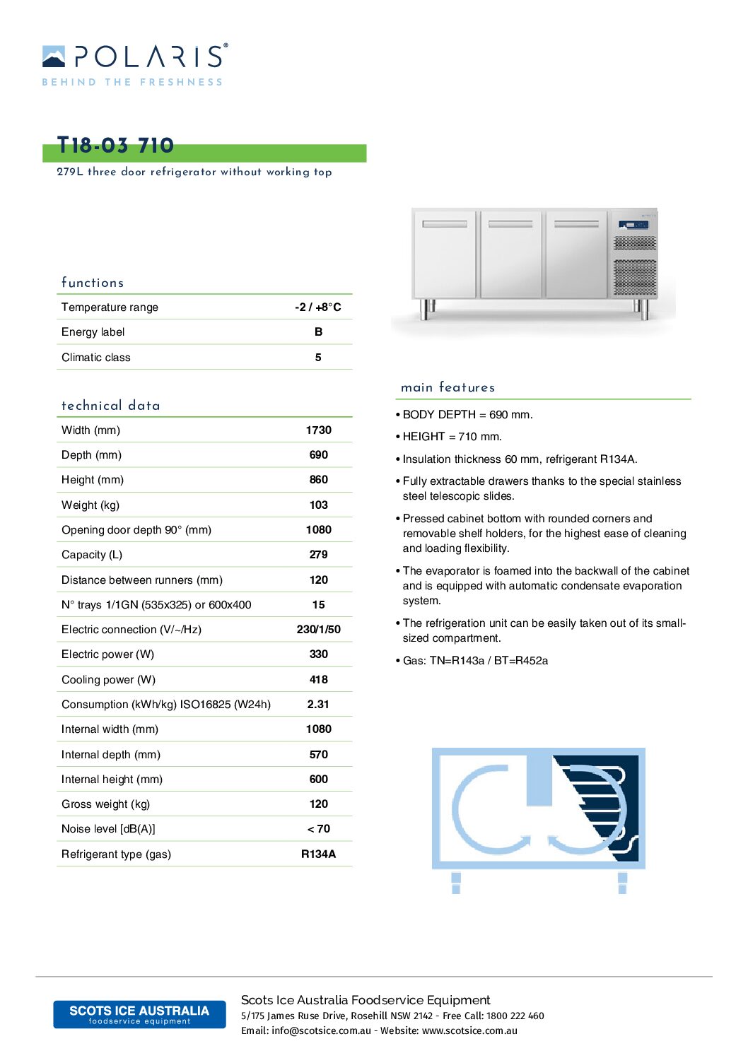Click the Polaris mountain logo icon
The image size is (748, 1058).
click(x=54, y=57)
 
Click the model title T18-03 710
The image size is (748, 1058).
click(x=115, y=146)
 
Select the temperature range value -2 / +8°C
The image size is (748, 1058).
click(x=318, y=307)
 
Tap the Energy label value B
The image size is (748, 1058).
click(x=318, y=331)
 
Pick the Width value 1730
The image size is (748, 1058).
click(x=318, y=430)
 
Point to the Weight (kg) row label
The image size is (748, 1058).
click(x=90, y=505)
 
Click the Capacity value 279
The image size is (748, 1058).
click(x=318, y=554)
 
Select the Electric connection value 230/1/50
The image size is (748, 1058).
click(x=318, y=629)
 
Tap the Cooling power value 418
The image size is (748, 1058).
click(x=318, y=679)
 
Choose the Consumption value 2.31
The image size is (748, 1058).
click(x=318, y=704)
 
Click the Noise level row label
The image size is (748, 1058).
click(x=108, y=828)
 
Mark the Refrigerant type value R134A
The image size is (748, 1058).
click(x=318, y=854)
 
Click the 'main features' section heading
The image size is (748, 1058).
click(x=448, y=387)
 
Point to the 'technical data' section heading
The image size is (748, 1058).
click(x=110, y=406)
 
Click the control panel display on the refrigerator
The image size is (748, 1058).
click(x=633, y=225)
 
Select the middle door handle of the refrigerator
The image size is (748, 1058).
click(x=510, y=224)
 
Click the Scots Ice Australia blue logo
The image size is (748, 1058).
click(x=139, y=1013)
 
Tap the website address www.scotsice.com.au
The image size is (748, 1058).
click(x=469, y=1030)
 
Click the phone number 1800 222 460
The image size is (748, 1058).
click(x=515, y=1016)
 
